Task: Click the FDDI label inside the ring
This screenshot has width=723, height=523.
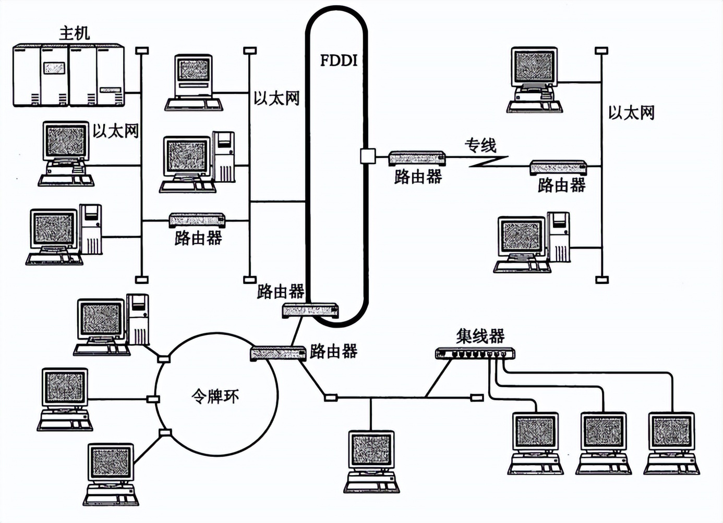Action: (339, 60)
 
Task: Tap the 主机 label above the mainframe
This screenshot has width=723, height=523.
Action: (74, 33)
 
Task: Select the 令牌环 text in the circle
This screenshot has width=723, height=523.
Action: (215, 397)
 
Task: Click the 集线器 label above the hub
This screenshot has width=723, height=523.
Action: (480, 336)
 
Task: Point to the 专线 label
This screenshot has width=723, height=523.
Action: (480, 145)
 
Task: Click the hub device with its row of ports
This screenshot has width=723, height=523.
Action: (475, 354)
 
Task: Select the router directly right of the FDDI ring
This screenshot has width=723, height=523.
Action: (417, 158)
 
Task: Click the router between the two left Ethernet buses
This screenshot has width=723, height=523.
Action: (197, 220)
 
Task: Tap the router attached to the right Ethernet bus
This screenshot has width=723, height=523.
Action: (558, 167)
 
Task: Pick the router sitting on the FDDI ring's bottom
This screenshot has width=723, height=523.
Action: (310, 310)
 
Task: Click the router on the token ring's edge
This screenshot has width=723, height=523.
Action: (278, 353)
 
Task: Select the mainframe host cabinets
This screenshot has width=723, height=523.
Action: (68, 76)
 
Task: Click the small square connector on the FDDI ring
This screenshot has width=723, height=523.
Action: (367, 156)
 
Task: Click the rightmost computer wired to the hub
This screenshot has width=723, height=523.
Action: (671, 443)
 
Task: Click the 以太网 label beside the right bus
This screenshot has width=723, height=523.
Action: (631, 113)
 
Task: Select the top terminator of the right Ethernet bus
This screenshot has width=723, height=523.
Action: (602, 51)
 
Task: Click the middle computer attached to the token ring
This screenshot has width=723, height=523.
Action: (65, 399)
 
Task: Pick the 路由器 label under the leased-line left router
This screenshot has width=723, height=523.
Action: (418, 177)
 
